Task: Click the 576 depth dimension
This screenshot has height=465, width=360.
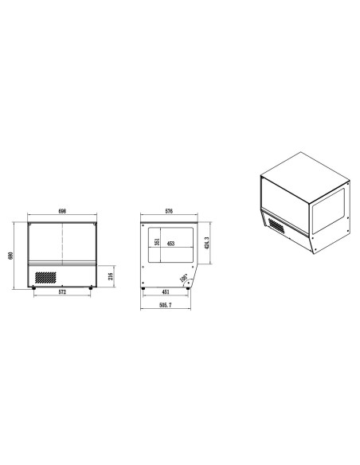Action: point(169,212)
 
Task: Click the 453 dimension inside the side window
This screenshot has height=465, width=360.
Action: point(171,244)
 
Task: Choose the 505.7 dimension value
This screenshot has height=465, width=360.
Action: point(166,305)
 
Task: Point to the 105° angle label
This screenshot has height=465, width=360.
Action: point(184,278)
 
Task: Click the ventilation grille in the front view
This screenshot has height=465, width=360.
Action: point(46,277)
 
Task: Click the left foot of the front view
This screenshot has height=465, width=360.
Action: point(33,287)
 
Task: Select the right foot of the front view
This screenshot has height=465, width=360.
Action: point(91,287)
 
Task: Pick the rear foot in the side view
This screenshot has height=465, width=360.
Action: point(143,287)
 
